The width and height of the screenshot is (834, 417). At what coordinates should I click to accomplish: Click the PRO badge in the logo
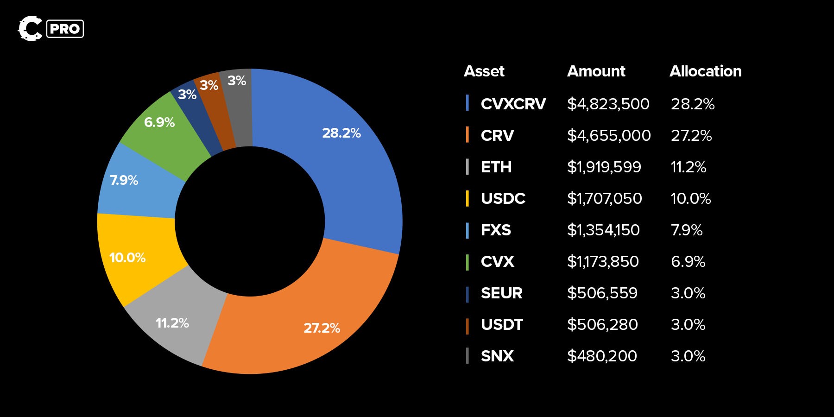(x=65, y=29)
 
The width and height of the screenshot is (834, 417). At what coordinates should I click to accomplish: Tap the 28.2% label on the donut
(x=341, y=133)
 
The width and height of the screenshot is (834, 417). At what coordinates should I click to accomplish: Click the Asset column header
(x=484, y=71)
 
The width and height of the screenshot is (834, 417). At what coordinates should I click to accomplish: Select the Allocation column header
(x=705, y=71)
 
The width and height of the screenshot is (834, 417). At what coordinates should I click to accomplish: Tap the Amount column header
(x=596, y=71)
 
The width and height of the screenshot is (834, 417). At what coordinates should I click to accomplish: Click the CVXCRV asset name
(x=513, y=104)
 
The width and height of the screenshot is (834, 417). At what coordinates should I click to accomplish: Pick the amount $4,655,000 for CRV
(x=609, y=135)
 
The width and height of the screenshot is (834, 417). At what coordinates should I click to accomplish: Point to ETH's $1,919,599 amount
(x=604, y=167)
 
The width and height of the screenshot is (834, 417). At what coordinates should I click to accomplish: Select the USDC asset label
(x=503, y=198)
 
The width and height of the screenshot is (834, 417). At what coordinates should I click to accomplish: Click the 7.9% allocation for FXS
(x=687, y=230)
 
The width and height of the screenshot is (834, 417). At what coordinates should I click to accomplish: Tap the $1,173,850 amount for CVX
(x=603, y=261)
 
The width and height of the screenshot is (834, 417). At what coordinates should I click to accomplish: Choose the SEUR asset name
(x=502, y=293)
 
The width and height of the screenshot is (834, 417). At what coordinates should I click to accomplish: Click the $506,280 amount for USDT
(x=602, y=324)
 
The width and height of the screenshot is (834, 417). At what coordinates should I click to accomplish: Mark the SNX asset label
(x=497, y=356)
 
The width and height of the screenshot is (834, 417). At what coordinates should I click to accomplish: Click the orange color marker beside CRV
(x=468, y=135)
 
